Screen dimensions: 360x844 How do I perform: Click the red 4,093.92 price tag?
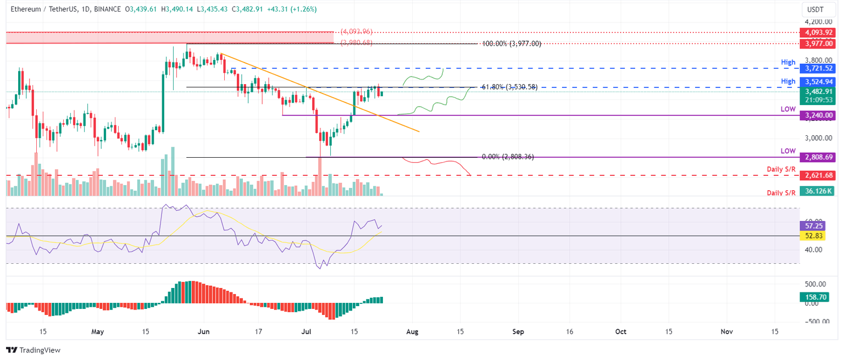pyautogui.click(x=818, y=32)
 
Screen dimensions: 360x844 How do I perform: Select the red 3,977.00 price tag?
pyautogui.click(x=818, y=42)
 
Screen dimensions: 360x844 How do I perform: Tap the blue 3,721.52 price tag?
pyautogui.click(x=818, y=69)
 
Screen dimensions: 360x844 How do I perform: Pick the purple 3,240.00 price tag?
pyautogui.click(x=818, y=115)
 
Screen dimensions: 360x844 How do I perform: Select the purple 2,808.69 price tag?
pyautogui.click(x=818, y=157)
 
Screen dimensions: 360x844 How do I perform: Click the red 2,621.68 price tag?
pyautogui.click(x=818, y=175)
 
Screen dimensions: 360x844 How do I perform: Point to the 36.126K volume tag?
pyautogui.click(x=818, y=191)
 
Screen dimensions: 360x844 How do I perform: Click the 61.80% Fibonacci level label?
pyautogui.click(x=508, y=87)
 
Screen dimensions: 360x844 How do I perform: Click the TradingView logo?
pyautogui.click(x=34, y=350)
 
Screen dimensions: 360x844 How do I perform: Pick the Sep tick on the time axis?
pyautogui.click(x=518, y=332)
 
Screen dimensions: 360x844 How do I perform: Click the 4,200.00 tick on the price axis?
pyautogui.click(x=817, y=22)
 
